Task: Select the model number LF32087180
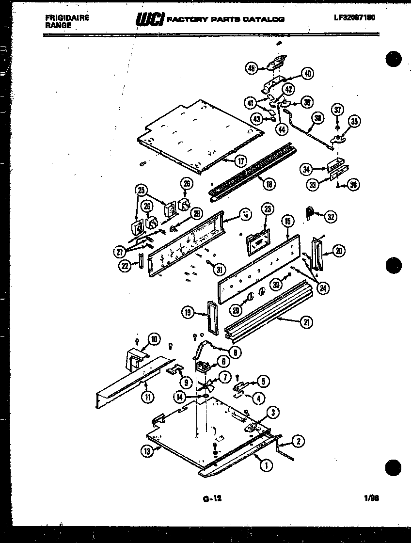(354, 18)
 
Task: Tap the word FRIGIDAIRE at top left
(60, 18)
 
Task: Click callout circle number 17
(240, 161)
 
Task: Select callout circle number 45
(251, 68)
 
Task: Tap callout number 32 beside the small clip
(331, 217)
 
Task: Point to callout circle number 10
(153, 339)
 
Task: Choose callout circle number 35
(356, 122)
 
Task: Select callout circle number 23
(267, 209)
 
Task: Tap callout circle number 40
(307, 74)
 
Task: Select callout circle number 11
(147, 397)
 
